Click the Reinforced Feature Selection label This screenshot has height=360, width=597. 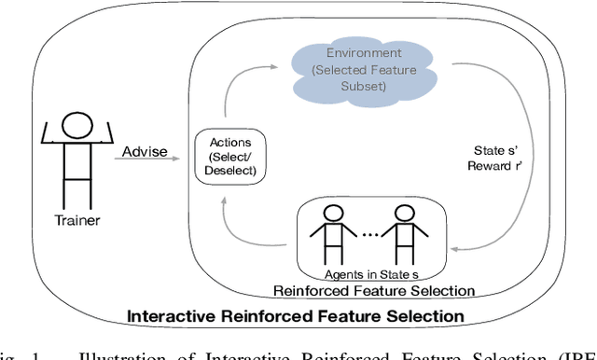373,289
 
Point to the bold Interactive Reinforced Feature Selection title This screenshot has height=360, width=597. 296,317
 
